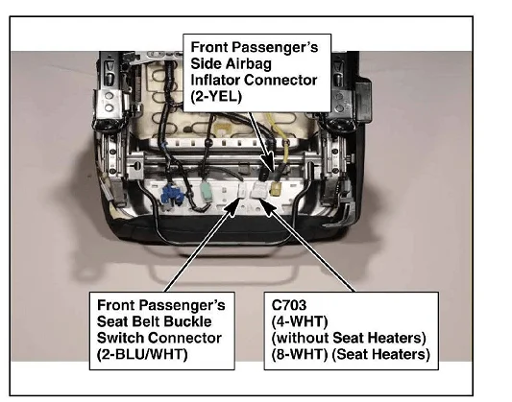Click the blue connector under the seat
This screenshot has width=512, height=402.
pyautogui.click(x=172, y=195)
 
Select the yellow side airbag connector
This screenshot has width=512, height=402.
pyautogui.click(x=277, y=188)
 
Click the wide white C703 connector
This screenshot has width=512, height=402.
pyautogui.click(x=258, y=190)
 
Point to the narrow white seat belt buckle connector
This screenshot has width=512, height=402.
pyautogui.click(x=244, y=191)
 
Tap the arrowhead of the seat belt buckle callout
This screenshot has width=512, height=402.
pyautogui.click(x=233, y=206)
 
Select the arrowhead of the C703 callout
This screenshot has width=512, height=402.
pyautogui.click(x=267, y=206)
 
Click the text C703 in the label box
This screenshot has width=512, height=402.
pyautogui.click(x=288, y=305)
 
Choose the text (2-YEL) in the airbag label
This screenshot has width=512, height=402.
pyautogui.click(x=216, y=97)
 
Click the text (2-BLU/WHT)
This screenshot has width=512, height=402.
pyautogui.click(x=142, y=354)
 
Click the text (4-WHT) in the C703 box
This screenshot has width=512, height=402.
pyautogui.click(x=300, y=321)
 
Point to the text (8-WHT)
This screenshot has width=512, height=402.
pyautogui.click(x=300, y=354)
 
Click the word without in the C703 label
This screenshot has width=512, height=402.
pyautogui.click(x=302, y=338)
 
